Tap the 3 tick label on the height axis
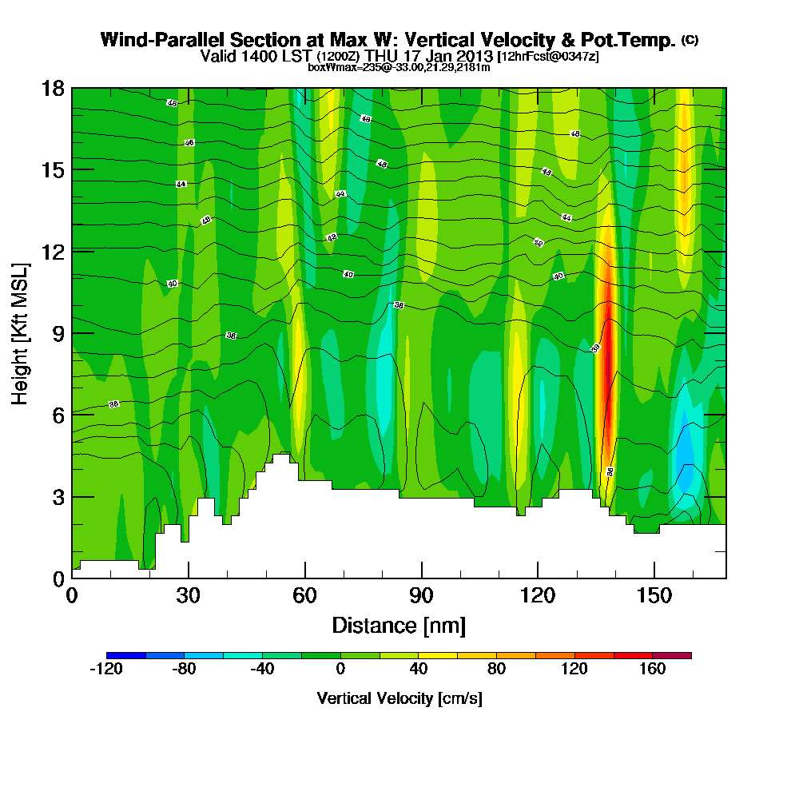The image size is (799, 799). click(56, 496)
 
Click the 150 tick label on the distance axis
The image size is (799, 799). click(654, 596)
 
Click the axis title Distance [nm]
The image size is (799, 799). click(398, 625)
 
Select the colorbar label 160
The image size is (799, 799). click(653, 670)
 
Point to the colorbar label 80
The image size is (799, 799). click(496, 670)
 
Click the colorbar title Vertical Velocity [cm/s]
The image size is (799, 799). click(399, 698)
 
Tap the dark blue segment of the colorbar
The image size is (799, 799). click(125, 655)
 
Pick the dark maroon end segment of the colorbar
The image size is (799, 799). click(672, 655)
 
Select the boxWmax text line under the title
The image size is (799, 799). click(399, 68)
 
